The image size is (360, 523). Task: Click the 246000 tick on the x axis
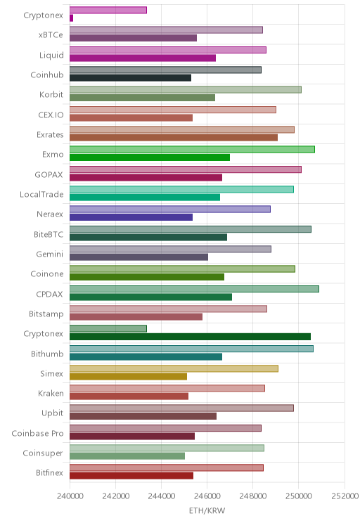(207, 496)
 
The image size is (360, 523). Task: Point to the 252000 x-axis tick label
(345, 496)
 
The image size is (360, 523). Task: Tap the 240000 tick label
(70, 496)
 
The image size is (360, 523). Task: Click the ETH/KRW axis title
(207, 510)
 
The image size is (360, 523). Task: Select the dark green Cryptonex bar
(190, 337)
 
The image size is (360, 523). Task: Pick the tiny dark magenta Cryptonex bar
(72, 18)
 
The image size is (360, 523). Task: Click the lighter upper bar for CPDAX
(194, 289)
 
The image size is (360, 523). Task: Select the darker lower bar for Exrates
(174, 137)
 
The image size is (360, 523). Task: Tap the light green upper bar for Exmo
(192, 150)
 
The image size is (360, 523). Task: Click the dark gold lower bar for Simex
(128, 377)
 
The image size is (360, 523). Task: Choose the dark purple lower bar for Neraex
(131, 217)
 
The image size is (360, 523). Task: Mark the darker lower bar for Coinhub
(131, 78)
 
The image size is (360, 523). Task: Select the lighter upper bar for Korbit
(186, 90)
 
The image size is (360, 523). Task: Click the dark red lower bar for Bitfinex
(131, 476)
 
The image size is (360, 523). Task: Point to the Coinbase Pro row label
(37, 433)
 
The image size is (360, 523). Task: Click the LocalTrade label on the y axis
(41, 194)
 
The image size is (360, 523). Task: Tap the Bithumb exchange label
(47, 354)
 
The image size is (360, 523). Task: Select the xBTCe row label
(51, 35)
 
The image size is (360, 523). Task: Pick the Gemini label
(50, 254)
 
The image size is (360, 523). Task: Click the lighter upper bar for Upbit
(181, 408)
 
